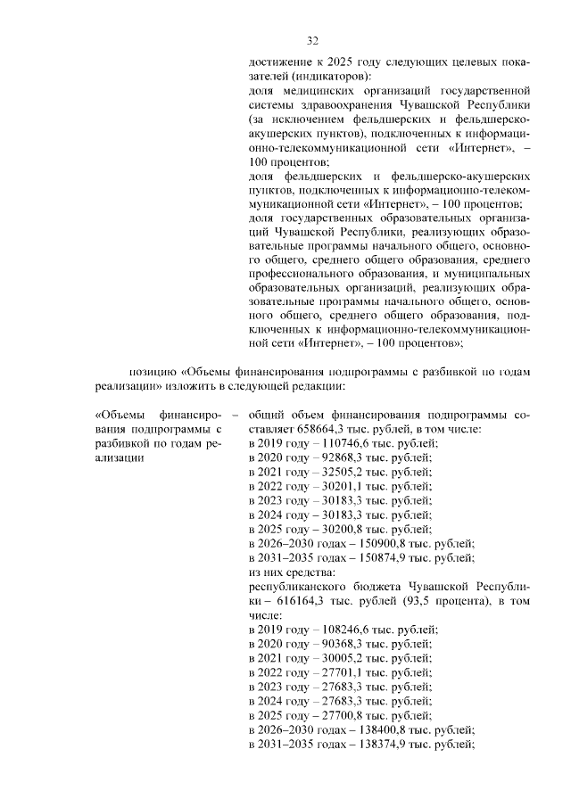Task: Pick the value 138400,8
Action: click(360, 729)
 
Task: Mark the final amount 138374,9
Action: click(360, 744)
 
